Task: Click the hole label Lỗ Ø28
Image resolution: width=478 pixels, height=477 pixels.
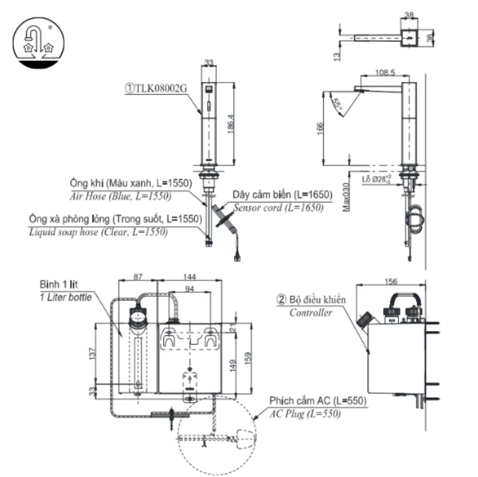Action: (x=376, y=178)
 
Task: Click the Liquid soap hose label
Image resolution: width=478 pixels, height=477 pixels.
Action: (x=98, y=232)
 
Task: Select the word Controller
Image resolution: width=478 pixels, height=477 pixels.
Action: (x=311, y=312)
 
